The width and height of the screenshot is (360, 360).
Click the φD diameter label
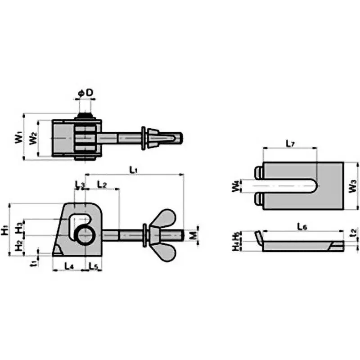click(x=85, y=93)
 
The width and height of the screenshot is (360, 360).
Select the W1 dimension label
click(x=18, y=137)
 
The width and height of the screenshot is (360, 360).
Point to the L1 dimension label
click(x=133, y=170)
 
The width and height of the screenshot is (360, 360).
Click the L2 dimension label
click(x=102, y=185)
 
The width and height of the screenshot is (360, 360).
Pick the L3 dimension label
click(x=80, y=184)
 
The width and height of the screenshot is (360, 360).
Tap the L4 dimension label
click(x=69, y=266)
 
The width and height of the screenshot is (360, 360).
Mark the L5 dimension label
click(x=93, y=266)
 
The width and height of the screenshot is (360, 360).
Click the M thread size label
click(x=193, y=235)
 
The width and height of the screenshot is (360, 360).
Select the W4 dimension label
click(x=238, y=186)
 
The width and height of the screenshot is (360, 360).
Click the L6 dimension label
click(x=302, y=228)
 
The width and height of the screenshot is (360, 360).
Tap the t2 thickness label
click(x=353, y=233)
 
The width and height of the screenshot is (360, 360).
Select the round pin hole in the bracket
click(x=85, y=235)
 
